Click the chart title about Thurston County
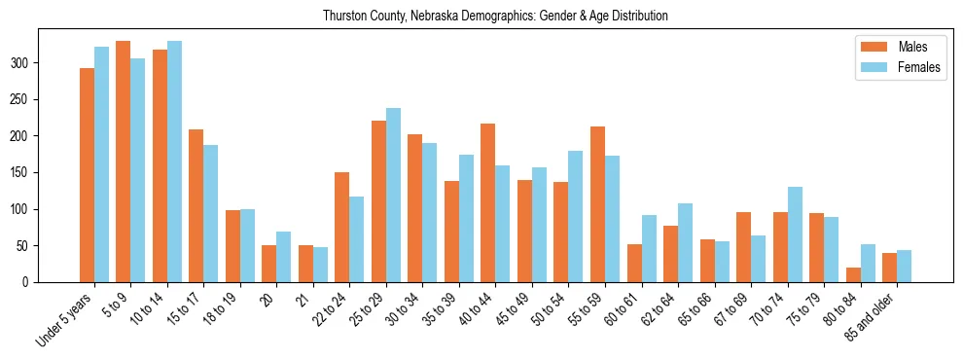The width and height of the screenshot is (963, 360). (x=481, y=17)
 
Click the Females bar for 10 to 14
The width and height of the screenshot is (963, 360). (x=174, y=162)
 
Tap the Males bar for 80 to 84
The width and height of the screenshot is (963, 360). (x=853, y=274)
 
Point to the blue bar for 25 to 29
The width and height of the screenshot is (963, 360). (x=393, y=195)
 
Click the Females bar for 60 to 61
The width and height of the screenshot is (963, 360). (x=649, y=249)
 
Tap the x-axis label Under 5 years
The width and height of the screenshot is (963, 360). (x=66, y=319)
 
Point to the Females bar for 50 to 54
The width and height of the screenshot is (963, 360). (x=576, y=216)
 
